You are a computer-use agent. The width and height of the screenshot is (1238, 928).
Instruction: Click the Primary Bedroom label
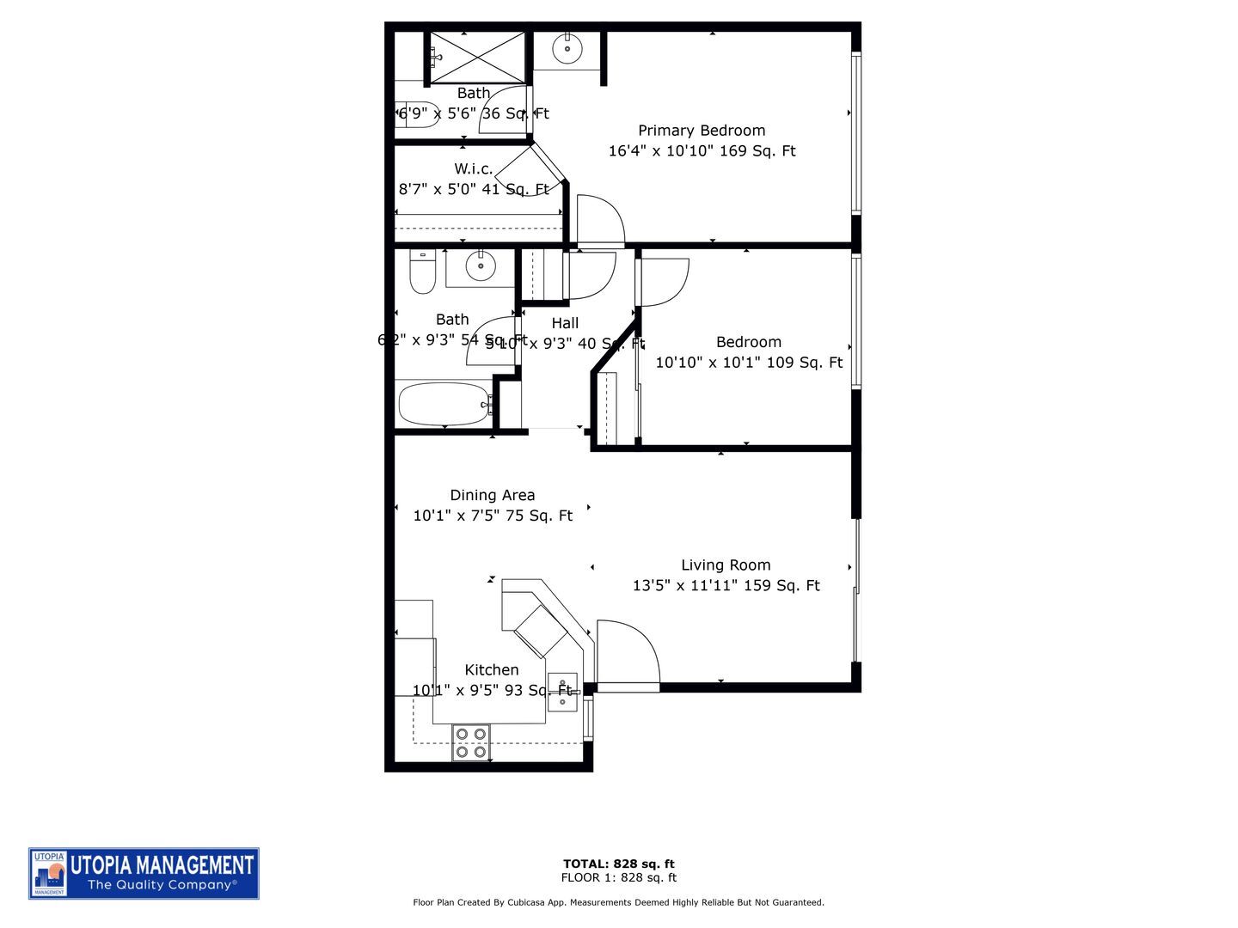click(x=702, y=131)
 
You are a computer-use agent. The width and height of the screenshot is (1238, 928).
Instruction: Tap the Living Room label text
click(x=726, y=565)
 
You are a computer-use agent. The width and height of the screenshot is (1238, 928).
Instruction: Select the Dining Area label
click(x=492, y=495)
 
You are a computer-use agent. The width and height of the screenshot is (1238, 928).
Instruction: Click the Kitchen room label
click(x=492, y=669)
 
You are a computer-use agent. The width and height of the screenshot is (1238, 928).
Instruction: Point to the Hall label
click(x=565, y=323)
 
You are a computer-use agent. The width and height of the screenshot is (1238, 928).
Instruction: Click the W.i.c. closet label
click(x=474, y=168)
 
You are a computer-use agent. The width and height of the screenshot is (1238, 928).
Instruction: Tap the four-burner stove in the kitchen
click(x=471, y=743)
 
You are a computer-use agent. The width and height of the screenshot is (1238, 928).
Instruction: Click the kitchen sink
click(x=562, y=692)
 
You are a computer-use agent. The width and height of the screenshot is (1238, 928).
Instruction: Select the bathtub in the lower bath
click(x=444, y=404)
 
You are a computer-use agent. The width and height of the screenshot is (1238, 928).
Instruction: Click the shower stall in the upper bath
click(x=476, y=57)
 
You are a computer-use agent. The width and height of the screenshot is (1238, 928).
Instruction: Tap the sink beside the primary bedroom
click(x=567, y=49)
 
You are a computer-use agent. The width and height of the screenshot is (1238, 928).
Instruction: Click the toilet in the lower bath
click(x=422, y=272)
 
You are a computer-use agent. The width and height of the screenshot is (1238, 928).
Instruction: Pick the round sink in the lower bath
click(x=481, y=266)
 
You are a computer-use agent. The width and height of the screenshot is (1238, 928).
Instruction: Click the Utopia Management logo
click(x=144, y=873)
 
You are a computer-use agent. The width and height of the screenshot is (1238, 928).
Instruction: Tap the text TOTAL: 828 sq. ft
click(x=618, y=864)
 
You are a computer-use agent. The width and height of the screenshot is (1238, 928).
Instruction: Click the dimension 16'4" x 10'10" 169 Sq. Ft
click(x=702, y=151)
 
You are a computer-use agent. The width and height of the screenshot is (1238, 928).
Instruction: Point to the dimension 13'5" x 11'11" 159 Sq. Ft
click(x=726, y=586)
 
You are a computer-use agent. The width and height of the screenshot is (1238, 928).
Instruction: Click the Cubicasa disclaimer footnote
click(x=618, y=902)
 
